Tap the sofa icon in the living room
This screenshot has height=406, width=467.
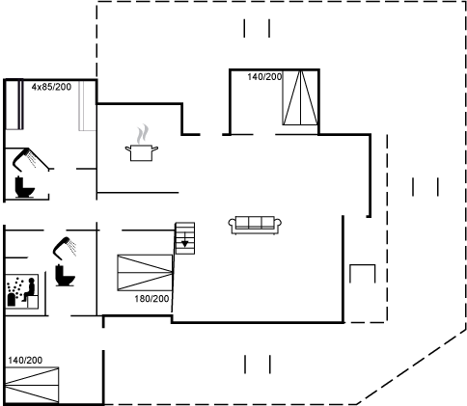(255, 225)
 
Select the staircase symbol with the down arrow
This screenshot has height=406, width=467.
(185, 238)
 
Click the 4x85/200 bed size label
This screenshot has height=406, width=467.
(51, 87)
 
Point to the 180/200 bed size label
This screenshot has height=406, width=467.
(151, 299)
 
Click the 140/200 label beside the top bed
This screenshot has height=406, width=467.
(264, 76)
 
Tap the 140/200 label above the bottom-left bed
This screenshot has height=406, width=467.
(25, 360)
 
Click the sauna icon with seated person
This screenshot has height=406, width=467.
(22, 291)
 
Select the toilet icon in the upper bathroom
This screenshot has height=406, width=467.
(24, 187)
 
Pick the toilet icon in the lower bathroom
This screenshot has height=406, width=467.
(65, 275)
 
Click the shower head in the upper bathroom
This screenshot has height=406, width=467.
(24, 158)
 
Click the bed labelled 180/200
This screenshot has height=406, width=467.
(145, 273)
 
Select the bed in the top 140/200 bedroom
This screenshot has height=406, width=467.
(300, 97)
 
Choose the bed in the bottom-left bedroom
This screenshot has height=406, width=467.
(32, 385)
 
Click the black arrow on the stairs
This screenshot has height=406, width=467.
(185, 240)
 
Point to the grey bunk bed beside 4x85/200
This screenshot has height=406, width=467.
(87, 106)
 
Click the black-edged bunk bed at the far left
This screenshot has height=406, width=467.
(14, 105)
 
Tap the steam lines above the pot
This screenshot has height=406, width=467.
(143, 134)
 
